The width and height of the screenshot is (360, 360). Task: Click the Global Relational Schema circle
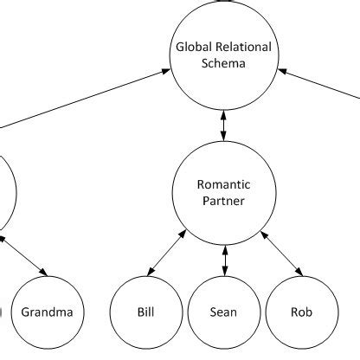(x=225, y=54)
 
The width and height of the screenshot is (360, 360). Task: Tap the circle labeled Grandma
(x=47, y=312)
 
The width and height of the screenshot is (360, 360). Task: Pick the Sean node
(x=225, y=312)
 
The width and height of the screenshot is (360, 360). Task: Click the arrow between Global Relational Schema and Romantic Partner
(x=225, y=124)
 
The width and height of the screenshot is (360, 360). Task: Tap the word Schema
(x=225, y=62)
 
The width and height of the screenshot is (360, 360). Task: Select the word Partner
(x=225, y=202)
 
